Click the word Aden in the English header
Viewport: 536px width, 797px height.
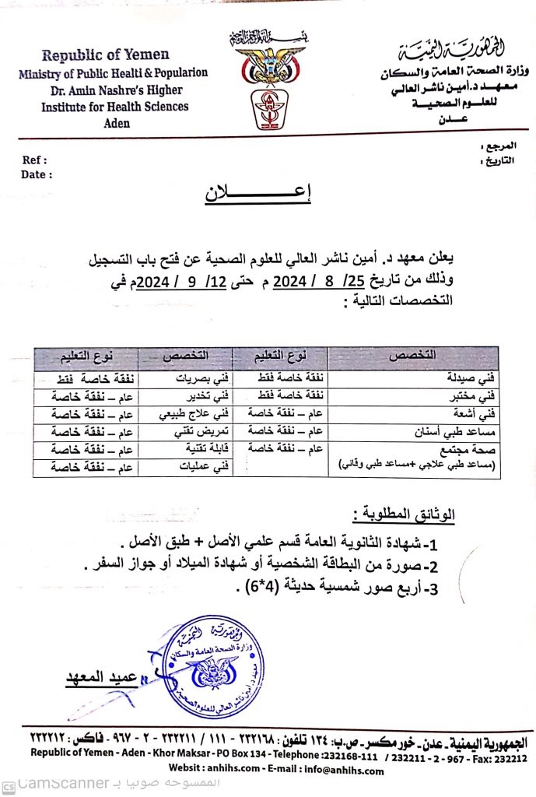click(x=116, y=123)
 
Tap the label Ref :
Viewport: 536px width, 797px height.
click(x=35, y=160)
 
